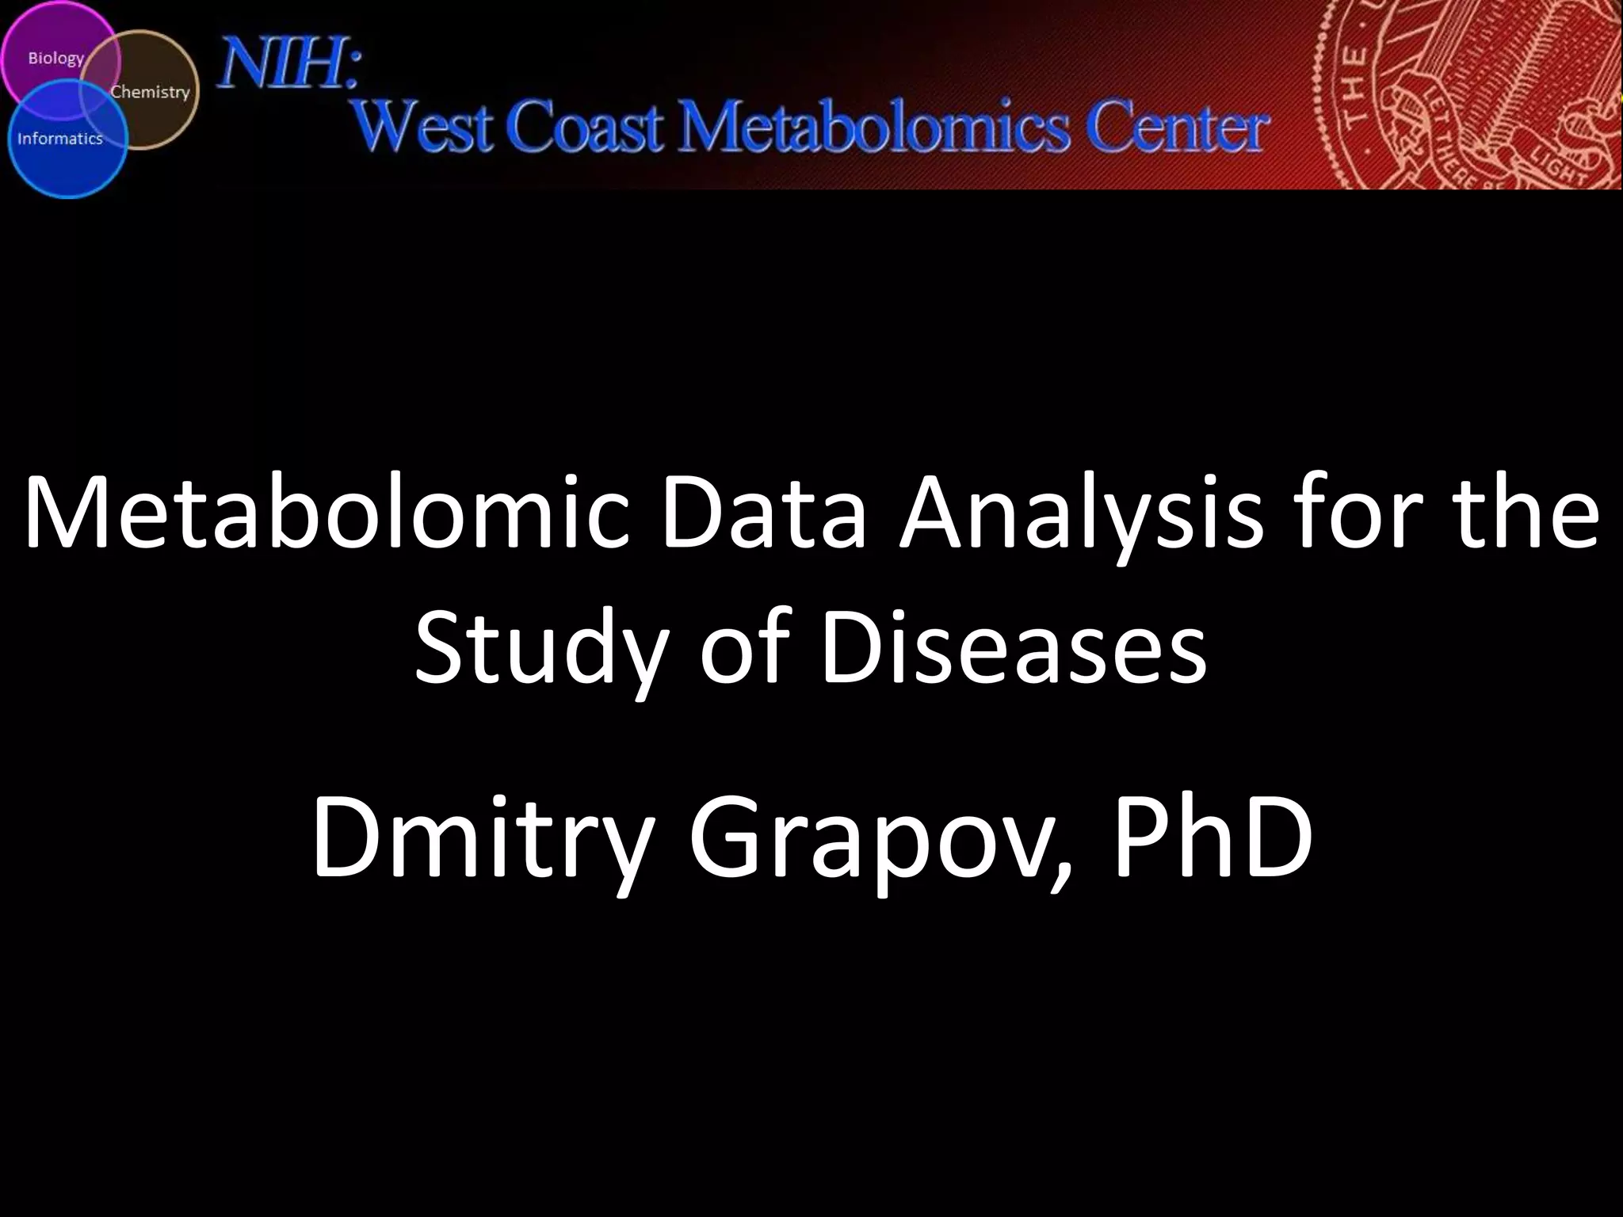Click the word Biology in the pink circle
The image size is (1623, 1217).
(55, 59)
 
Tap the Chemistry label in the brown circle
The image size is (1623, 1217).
(150, 92)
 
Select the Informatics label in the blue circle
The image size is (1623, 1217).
(60, 139)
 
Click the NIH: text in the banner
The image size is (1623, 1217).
(290, 66)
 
